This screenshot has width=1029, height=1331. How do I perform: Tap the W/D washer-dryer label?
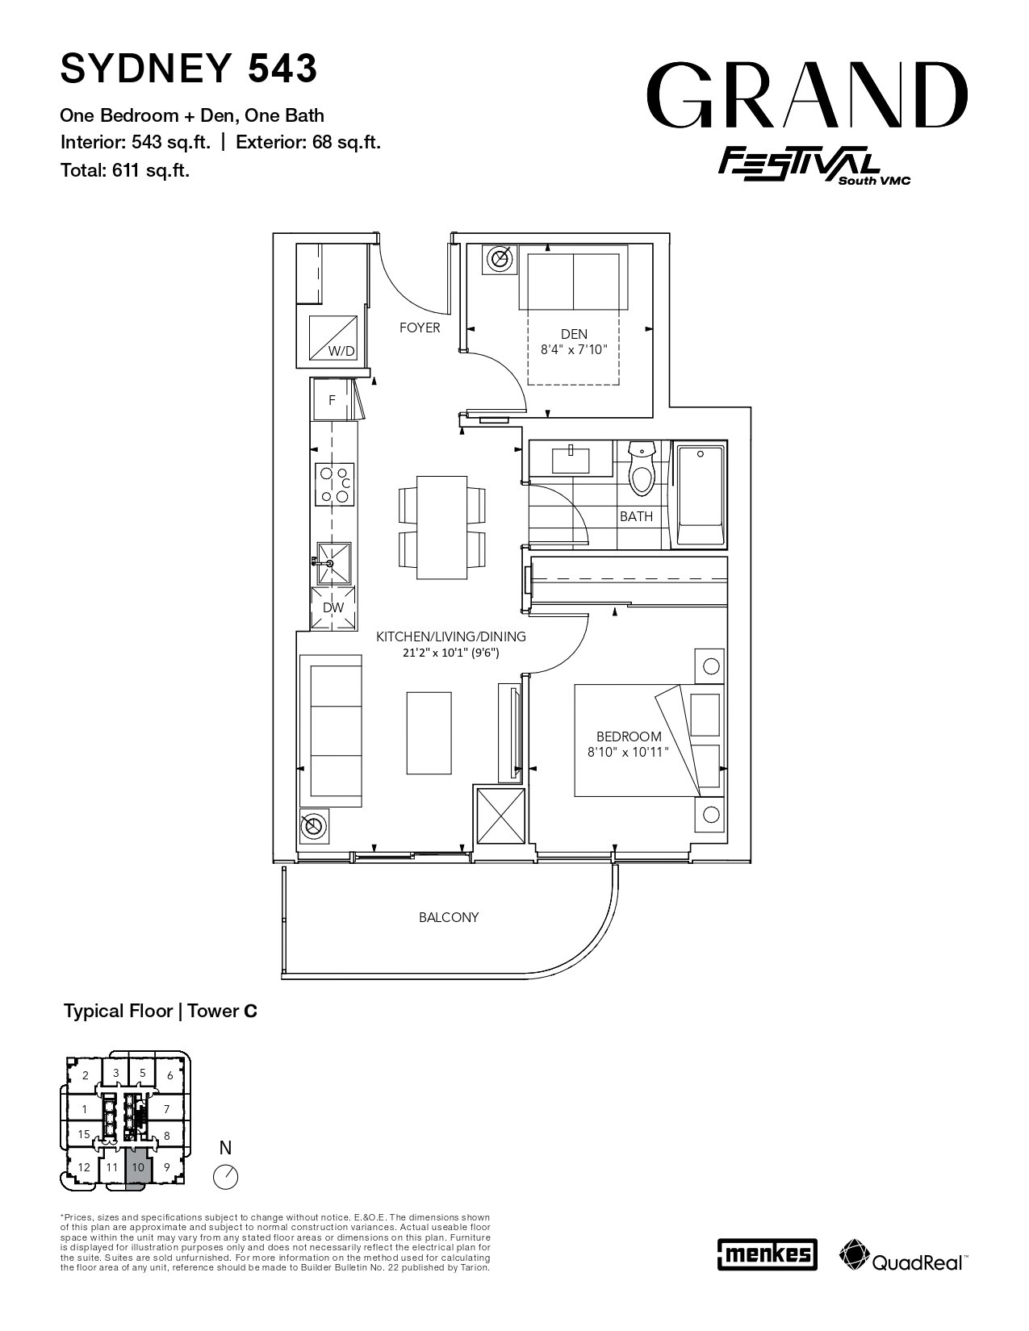pos(341,351)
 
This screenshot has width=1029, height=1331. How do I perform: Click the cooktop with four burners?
pos(335,485)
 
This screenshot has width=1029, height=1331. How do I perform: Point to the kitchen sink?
pos(333,563)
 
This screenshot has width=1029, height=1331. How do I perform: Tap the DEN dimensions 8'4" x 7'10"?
pos(574,350)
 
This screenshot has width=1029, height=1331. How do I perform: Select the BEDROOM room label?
pos(629,736)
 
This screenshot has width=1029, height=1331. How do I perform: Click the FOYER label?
pos(420,328)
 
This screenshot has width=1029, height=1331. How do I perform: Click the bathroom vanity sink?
pos(571,459)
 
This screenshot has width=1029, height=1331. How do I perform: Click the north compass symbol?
pos(225,1177)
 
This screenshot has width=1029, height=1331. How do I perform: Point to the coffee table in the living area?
pos(429,733)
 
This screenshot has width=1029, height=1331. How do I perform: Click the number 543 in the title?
pos(282,68)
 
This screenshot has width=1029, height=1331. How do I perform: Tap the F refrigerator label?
pos(333,401)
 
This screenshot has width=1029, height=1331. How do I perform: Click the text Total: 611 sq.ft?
pos(125,170)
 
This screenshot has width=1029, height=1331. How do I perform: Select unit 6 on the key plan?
pos(170,1075)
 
